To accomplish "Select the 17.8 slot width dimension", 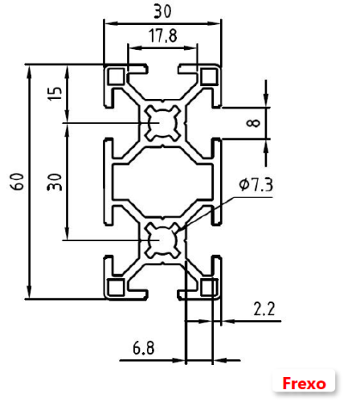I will pyautogui.click(x=163, y=36).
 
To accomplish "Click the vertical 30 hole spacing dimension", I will pyautogui.click(x=54, y=181).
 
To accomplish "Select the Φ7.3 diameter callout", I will pyautogui.click(x=256, y=186).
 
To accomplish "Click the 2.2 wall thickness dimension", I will pyautogui.click(x=264, y=308).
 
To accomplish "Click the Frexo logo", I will pyautogui.click(x=305, y=383).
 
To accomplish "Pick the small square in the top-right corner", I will pyautogui.click(x=210, y=76).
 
